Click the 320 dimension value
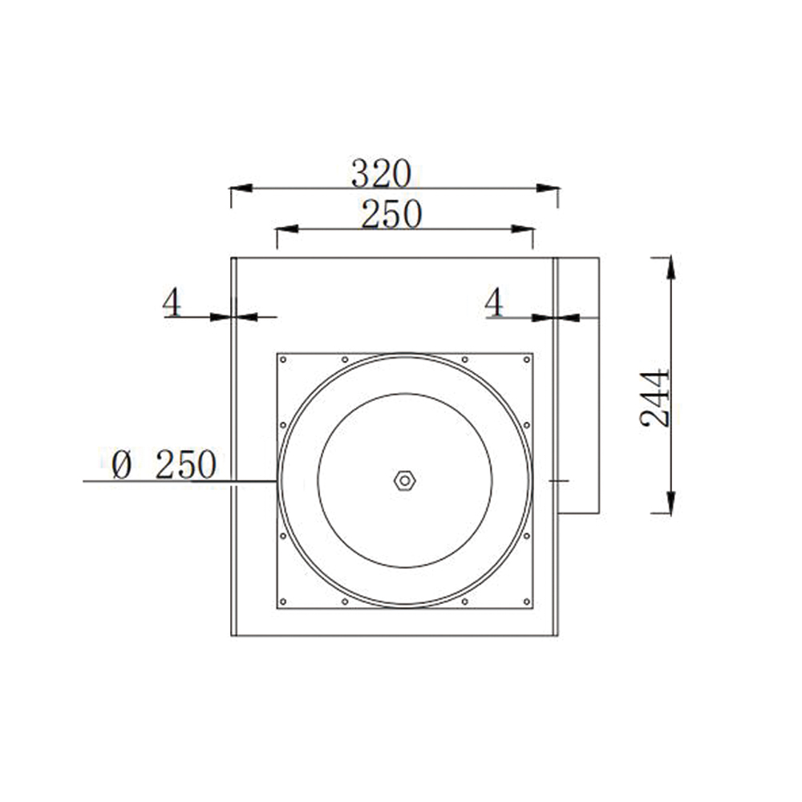pyautogui.click(x=381, y=172)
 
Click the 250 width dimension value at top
pyautogui.click(x=391, y=214)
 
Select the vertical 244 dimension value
pyautogui.click(x=655, y=398)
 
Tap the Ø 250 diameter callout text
pyautogui.click(x=164, y=465)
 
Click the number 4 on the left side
pyautogui.click(x=172, y=303)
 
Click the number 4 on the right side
pyautogui.click(x=495, y=303)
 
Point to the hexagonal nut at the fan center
pyautogui.click(x=404, y=480)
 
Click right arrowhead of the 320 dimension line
pyautogui.click(x=549, y=188)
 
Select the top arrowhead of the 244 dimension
pyautogui.click(x=670, y=267)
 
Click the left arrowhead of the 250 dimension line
pyautogui.click(x=286, y=229)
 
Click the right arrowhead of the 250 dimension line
pyautogui.click(x=523, y=229)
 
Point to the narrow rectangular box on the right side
pyautogui.click(x=578, y=385)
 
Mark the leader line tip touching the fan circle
pyautogui.click(x=276, y=481)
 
